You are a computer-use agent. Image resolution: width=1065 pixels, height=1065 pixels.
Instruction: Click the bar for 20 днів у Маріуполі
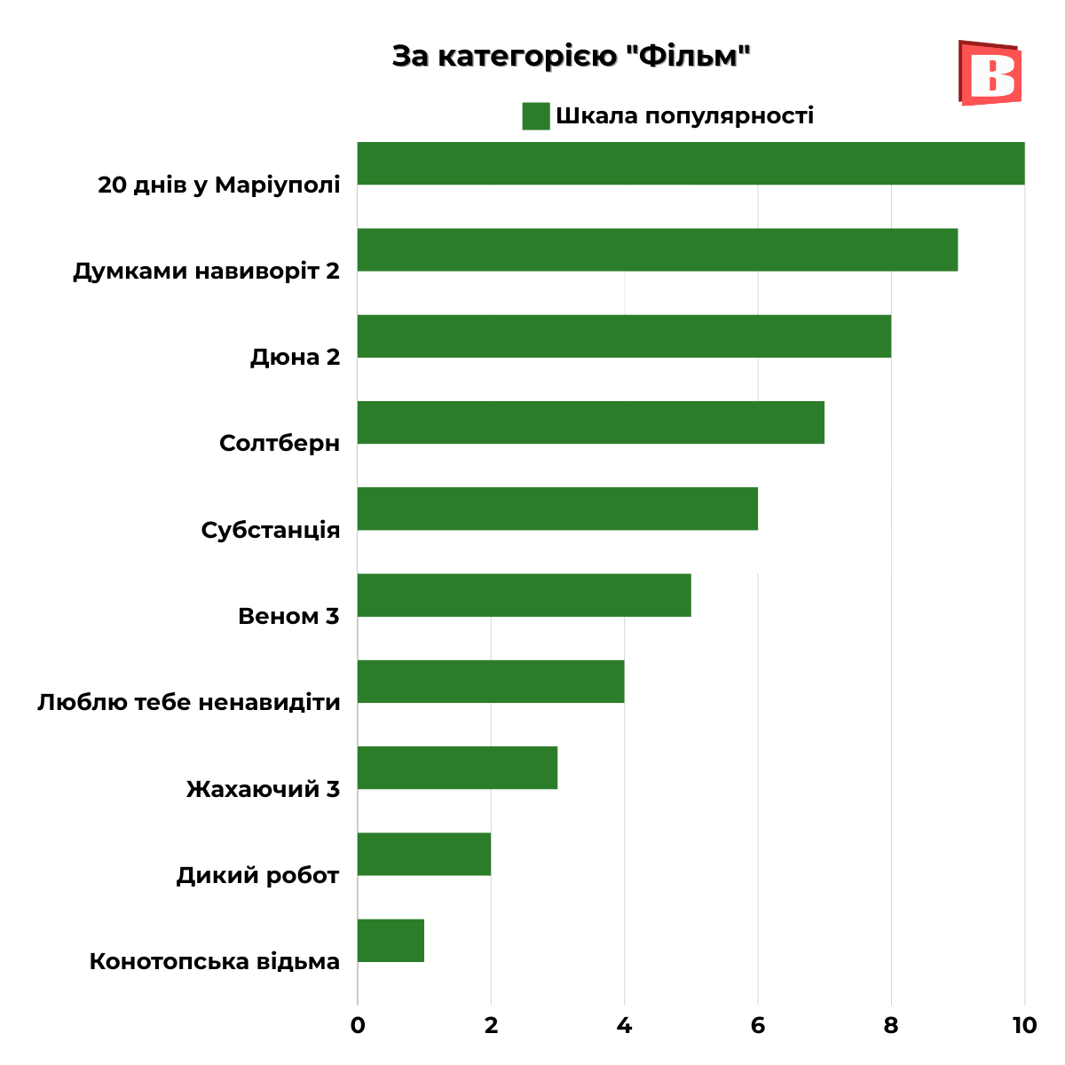[x=690, y=163]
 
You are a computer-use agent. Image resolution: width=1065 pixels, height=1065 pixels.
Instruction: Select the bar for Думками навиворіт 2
[x=657, y=249]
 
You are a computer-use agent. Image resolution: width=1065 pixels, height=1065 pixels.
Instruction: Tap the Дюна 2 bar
[x=624, y=336]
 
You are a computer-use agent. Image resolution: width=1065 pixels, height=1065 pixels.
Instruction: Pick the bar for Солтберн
[x=590, y=422]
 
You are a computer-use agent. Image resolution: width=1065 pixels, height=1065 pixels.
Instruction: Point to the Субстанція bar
[x=557, y=509]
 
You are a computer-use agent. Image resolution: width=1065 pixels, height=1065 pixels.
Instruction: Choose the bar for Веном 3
[x=524, y=595]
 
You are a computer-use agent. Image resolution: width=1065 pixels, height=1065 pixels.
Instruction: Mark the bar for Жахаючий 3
[x=457, y=768]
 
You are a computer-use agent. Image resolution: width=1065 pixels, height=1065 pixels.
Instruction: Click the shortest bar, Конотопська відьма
[x=390, y=941]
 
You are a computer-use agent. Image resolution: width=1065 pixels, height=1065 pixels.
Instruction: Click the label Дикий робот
[x=257, y=876]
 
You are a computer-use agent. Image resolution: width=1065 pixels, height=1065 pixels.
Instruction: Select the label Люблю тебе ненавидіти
[x=188, y=703]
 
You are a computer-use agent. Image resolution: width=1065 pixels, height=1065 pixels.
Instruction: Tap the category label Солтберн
[x=280, y=443]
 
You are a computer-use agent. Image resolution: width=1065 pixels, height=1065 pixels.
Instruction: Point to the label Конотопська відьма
[x=215, y=962]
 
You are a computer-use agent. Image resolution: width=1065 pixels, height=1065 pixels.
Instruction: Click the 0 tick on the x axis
[x=358, y=1026]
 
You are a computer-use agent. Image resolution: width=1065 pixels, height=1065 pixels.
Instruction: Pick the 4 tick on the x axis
[x=624, y=1026]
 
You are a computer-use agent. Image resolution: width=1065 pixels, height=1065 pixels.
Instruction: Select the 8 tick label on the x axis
[x=891, y=1026]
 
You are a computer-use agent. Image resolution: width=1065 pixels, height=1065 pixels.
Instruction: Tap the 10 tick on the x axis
[x=1023, y=1026]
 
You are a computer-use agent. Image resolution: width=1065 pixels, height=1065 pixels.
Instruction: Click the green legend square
[x=536, y=116]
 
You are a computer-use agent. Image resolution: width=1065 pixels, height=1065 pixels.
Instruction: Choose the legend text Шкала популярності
[x=684, y=116]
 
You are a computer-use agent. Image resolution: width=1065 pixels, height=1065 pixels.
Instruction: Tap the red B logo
[x=990, y=74]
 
